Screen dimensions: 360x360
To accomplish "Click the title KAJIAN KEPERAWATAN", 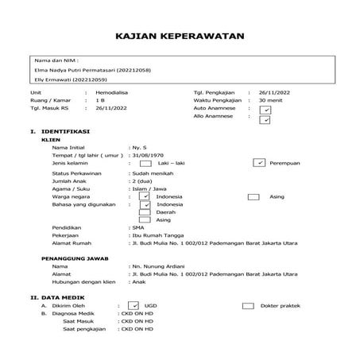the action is (179, 37).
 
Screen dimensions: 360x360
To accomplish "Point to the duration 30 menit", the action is (274, 102).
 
